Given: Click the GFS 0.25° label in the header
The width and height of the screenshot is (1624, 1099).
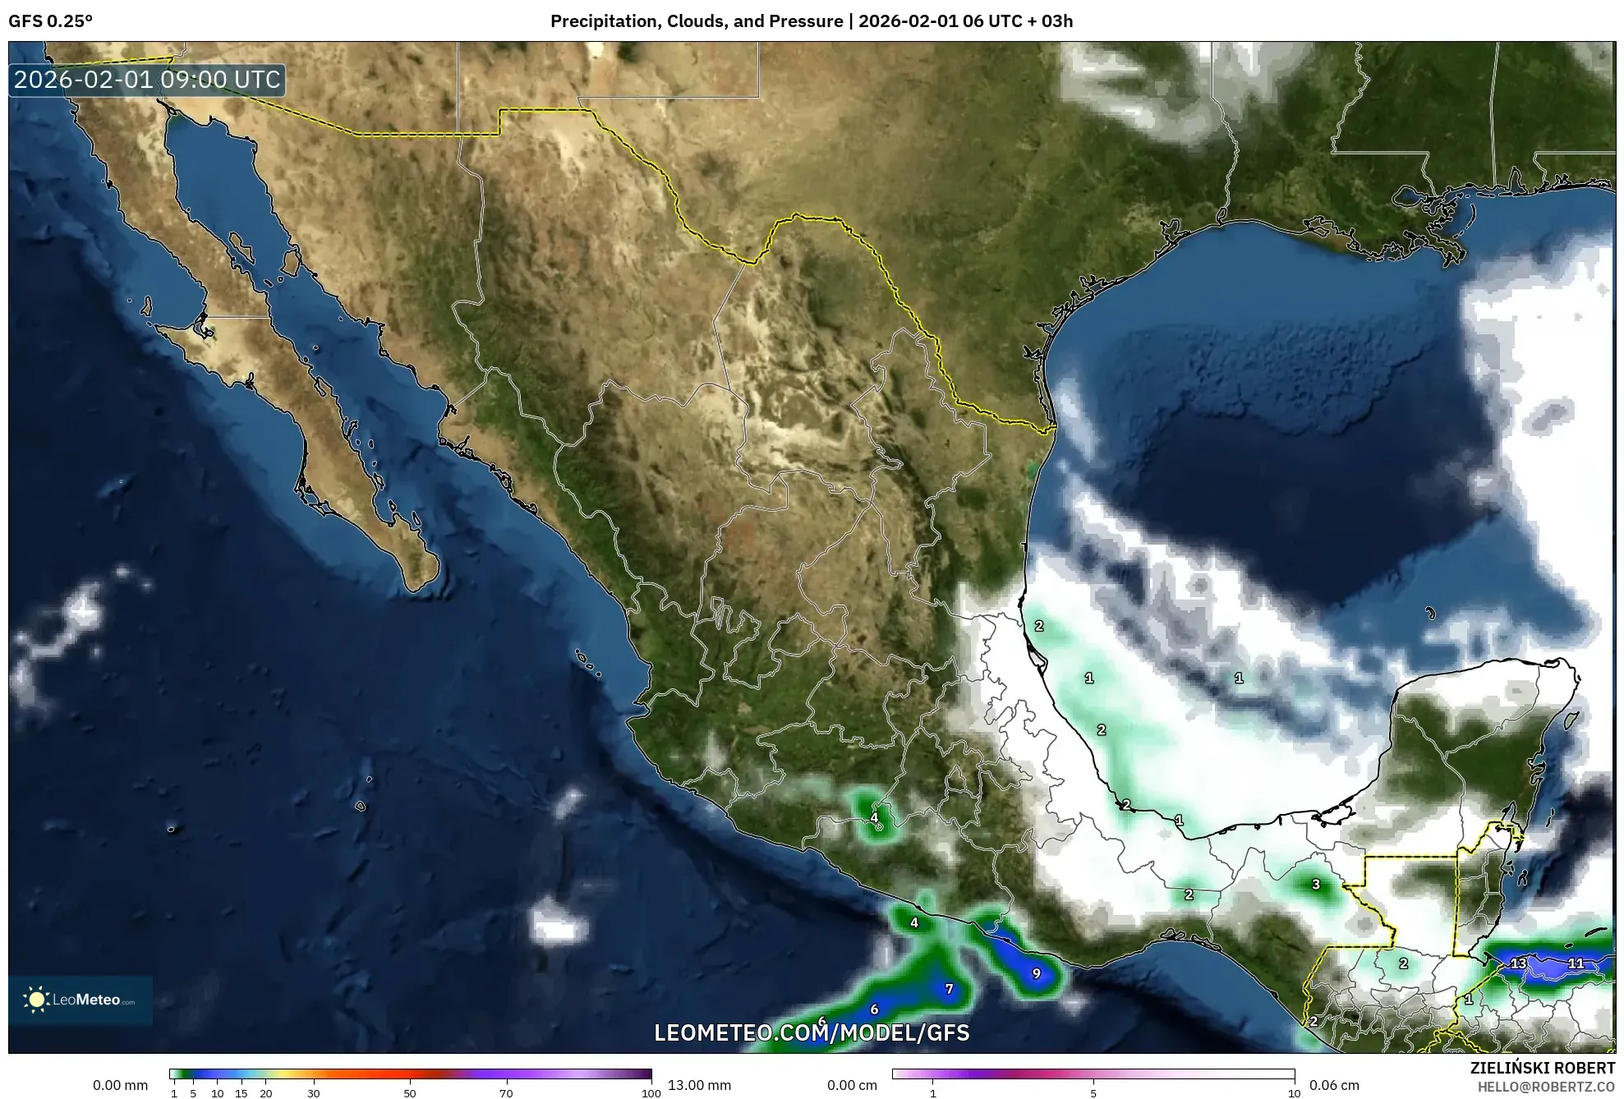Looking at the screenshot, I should point(50,21).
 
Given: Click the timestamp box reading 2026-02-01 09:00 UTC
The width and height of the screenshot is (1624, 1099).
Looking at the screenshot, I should point(147,80).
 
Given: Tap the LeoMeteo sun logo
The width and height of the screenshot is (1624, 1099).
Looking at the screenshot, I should point(36,1000).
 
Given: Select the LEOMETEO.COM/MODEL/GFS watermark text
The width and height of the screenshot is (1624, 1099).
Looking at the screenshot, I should point(812,1032).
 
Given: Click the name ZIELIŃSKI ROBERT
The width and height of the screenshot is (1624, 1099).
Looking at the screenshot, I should point(1542,1068).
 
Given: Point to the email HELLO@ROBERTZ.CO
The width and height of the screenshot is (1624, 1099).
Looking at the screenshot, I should point(1546,1086).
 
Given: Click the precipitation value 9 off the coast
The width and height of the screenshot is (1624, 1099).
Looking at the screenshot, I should point(1036,973).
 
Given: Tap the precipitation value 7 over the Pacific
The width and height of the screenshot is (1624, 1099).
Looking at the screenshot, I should point(949,989).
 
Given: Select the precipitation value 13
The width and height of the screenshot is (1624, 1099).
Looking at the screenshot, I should point(1518,963).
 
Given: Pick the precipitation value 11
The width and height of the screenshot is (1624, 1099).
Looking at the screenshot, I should point(1576,963).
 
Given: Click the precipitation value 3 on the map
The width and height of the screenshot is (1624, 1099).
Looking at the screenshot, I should point(1316,885).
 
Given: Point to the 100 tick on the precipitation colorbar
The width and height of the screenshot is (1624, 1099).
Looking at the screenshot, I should point(651,1093).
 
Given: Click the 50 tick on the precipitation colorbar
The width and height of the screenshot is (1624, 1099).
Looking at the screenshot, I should point(410,1093).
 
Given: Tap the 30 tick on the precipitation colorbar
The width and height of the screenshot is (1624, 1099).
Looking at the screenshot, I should point(314,1093).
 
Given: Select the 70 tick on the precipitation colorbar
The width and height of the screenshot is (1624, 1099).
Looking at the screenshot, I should point(506,1093).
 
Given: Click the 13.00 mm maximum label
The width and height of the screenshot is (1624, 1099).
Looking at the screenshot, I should point(699,1085).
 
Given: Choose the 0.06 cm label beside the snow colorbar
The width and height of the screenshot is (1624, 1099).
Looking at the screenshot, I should point(1334,1085).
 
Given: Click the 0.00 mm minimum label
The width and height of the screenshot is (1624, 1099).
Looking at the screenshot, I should point(121,1085).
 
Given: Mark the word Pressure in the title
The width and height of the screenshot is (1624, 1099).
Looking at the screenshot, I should point(808,21).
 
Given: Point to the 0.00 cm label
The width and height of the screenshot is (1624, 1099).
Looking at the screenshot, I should point(852,1085).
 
